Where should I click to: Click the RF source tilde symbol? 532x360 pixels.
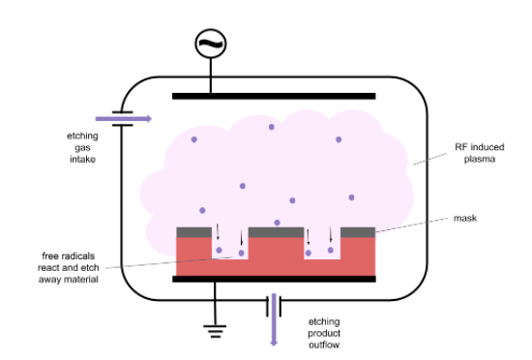click(210, 42)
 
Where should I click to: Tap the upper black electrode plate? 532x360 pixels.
click(273, 96)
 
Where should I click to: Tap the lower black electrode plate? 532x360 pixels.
click(273, 279)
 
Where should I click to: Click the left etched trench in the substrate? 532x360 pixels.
click(229, 249)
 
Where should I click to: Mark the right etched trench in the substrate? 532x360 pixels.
click(321, 249)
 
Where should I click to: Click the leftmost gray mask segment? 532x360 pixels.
click(193, 232)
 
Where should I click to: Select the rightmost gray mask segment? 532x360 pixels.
click(358, 232)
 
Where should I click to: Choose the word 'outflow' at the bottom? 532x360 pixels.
click(325, 344)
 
